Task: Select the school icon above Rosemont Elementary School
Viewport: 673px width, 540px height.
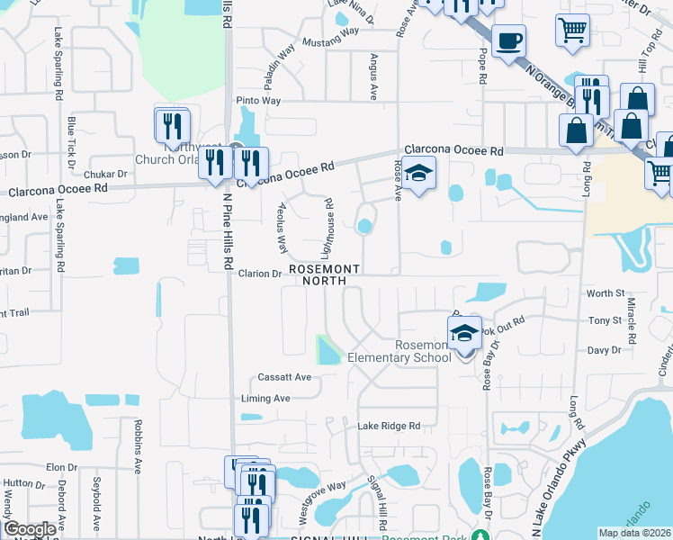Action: (x=464, y=332)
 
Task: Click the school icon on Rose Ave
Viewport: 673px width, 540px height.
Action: (x=418, y=172)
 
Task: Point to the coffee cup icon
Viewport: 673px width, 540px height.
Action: (x=508, y=40)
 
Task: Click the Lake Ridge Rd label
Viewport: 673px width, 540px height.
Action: (x=389, y=426)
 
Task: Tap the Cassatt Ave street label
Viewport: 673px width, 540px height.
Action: (x=283, y=377)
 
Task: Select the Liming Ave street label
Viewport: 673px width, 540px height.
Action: (x=265, y=398)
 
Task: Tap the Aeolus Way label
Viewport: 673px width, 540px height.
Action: (x=280, y=227)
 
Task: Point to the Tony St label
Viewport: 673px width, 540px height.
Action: (x=604, y=320)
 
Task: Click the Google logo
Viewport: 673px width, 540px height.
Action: (x=30, y=529)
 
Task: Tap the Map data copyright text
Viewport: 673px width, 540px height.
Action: (x=634, y=533)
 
